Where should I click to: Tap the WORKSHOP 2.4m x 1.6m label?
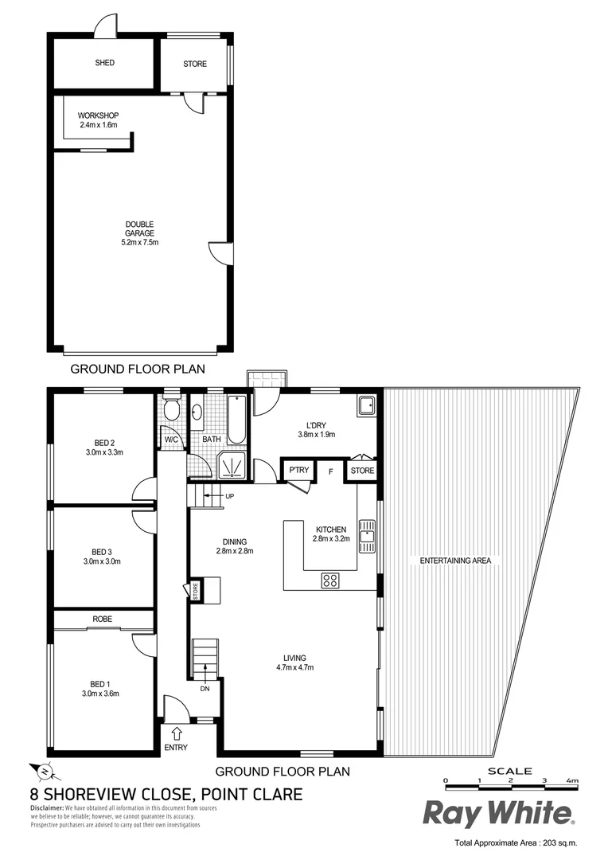coord(98,120)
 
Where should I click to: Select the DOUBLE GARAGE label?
coord(139,233)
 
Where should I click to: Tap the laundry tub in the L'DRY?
coord(367,406)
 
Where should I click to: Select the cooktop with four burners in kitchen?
coord(331,580)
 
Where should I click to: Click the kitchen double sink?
coord(366,536)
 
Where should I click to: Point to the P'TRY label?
coord(298,471)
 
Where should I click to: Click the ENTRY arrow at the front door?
coord(176,733)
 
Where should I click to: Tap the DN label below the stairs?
coord(205,689)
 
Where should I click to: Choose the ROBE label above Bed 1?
coord(102,618)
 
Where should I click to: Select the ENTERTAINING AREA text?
coord(455,561)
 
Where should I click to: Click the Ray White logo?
coord(497,814)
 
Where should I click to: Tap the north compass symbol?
coord(41,771)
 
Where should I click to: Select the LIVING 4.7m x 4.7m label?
coord(299,663)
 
